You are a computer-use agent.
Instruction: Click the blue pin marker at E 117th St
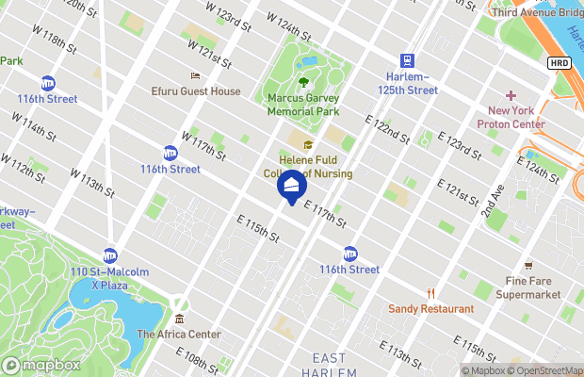point(292,186)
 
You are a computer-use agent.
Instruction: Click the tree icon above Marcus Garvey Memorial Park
point(302,82)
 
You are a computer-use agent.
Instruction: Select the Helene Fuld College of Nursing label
point(308,167)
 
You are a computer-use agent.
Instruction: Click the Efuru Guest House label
point(196,91)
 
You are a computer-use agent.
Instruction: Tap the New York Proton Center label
point(511,117)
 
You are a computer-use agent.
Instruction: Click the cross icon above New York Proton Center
point(511,95)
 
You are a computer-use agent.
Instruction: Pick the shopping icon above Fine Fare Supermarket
point(527,266)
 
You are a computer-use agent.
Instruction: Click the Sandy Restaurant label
point(430,308)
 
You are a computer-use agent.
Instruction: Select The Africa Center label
point(179,334)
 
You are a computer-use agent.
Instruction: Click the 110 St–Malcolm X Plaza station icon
point(110,254)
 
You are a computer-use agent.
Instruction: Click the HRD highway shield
point(559,61)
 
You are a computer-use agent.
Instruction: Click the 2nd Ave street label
point(495,199)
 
